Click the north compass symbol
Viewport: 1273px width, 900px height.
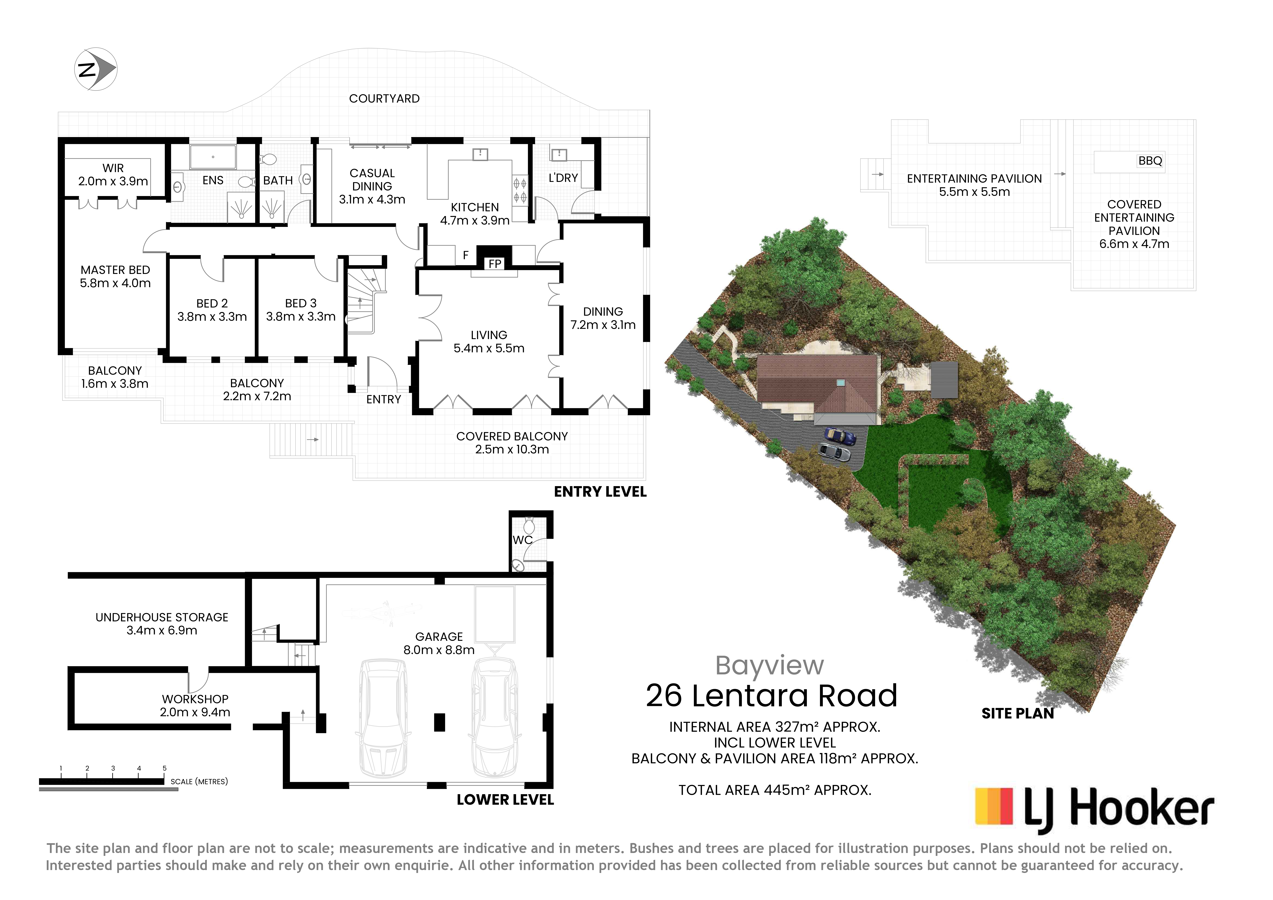click(95, 69)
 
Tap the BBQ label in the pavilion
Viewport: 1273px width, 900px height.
click(1150, 161)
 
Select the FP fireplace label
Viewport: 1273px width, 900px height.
click(495, 264)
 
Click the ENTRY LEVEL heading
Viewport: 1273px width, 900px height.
click(600, 492)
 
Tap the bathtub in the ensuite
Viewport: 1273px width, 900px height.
click(213, 157)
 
